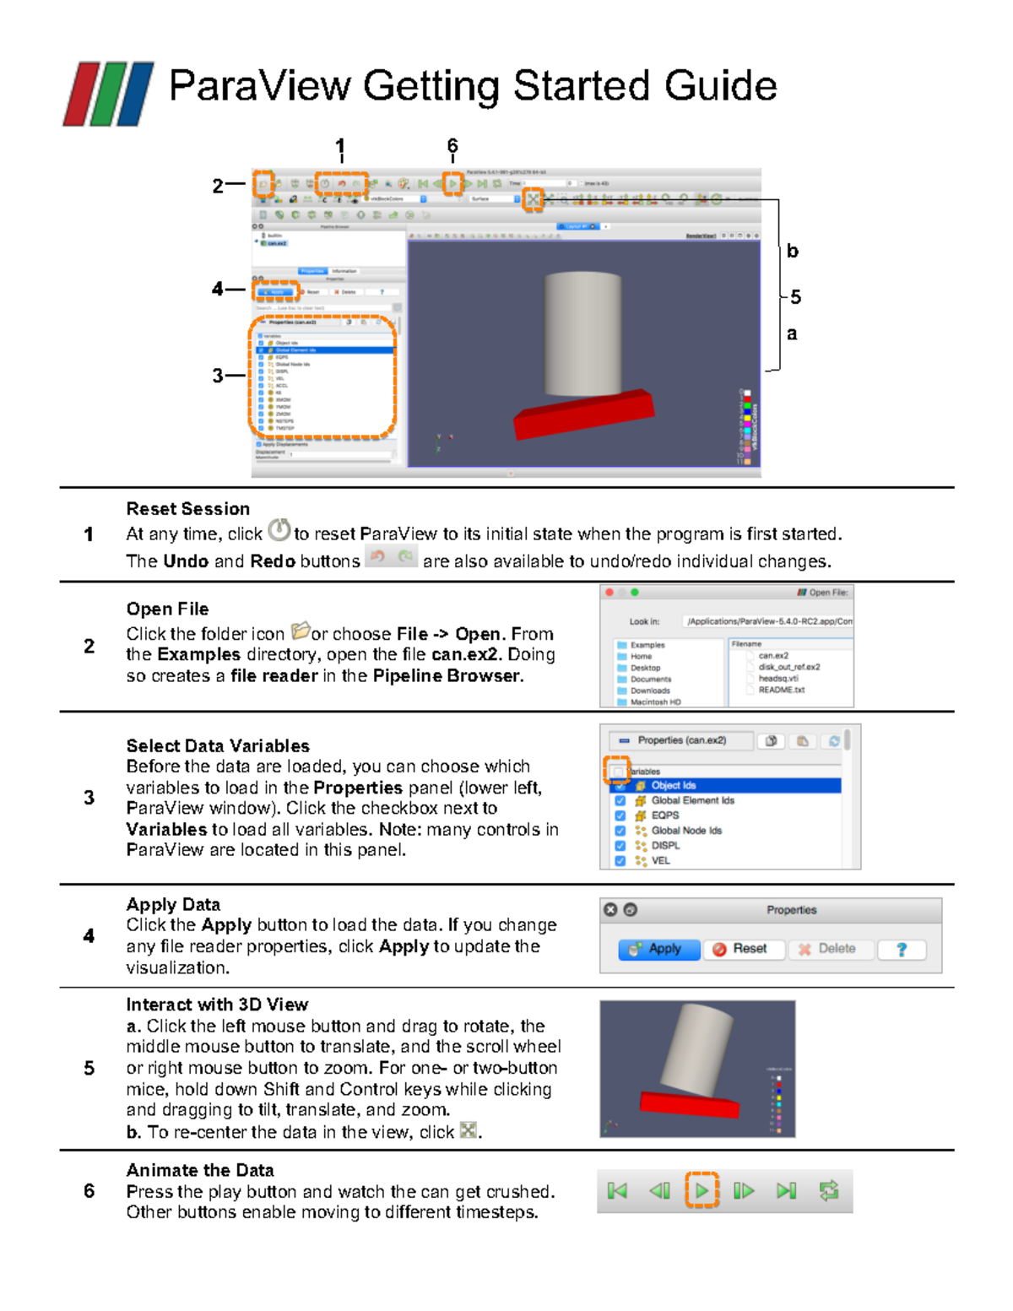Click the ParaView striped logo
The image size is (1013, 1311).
coord(108,94)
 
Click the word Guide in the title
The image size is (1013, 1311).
coord(720,86)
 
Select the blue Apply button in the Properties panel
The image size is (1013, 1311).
coord(659,949)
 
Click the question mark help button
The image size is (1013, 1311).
coord(902,949)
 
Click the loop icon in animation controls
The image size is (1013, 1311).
coord(829,1190)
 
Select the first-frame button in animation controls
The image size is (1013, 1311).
coord(617,1190)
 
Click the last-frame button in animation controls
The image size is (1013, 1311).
coord(786,1190)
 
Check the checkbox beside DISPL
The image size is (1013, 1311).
coord(620,845)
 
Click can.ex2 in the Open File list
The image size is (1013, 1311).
coord(773,655)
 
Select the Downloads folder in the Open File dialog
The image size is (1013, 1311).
coord(650,691)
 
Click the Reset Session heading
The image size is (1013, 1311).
coord(187,509)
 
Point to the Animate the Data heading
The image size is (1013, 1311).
coord(200,1170)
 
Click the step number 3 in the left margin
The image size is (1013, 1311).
coord(89,798)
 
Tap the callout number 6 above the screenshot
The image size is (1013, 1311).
coord(452,146)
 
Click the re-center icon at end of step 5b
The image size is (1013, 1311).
coord(468,1130)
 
